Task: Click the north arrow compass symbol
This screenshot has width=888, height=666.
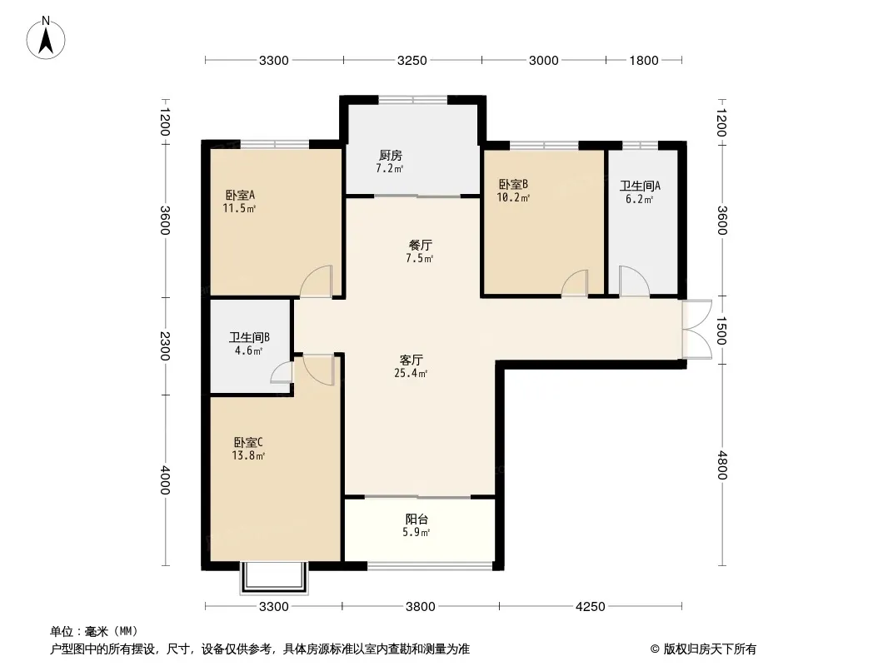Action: coord(46,38)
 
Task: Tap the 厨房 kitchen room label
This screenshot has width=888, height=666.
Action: coord(390,155)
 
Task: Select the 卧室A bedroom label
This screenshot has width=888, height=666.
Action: coord(240,195)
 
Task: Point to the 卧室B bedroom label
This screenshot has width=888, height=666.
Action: coord(513,185)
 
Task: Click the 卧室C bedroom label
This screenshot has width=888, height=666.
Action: coord(248,443)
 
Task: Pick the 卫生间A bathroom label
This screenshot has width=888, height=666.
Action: coord(640,186)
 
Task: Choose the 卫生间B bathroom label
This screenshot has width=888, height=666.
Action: coord(249,338)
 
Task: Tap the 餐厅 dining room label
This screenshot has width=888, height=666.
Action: coord(420,246)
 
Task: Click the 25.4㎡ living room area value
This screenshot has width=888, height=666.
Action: coord(411,374)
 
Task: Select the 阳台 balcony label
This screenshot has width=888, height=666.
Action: coord(417,519)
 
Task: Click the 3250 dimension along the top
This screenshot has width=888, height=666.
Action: coord(412,61)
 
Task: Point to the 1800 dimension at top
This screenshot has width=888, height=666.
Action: coord(644,61)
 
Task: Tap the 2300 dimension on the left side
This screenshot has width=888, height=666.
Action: coord(165,345)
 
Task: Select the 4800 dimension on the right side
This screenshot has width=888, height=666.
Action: coord(722,465)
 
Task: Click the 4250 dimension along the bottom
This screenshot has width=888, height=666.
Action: coord(590,607)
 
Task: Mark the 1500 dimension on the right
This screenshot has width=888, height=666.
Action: coord(721,330)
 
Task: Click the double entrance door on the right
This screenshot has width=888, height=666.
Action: coord(697,330)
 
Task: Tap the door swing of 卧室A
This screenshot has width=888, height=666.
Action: coord(316,281)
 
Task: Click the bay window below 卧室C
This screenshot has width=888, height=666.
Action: coord(274,578)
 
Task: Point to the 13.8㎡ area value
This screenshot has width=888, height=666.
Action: coord(248,455)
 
